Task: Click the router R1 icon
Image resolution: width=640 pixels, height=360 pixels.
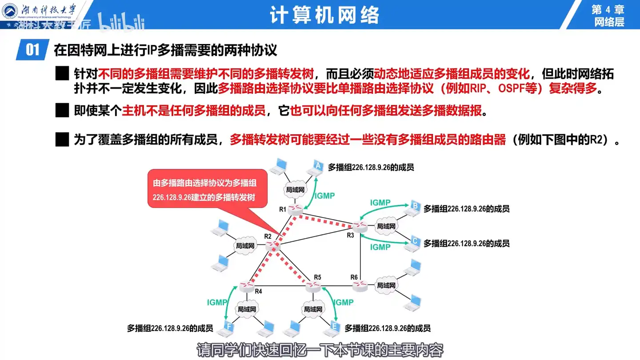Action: tap(294, 209)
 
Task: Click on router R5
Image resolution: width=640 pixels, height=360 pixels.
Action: tap(313, 287)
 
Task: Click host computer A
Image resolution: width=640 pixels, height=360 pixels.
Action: tap(317, 167)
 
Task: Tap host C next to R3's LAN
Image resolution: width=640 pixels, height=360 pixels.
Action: tap(414, 242)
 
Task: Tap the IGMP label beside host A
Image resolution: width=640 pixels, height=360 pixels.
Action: tap(324, 196)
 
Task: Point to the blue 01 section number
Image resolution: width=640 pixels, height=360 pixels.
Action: tap(32, 49)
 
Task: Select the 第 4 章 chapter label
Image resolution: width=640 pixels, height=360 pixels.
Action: tap(608, 9)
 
